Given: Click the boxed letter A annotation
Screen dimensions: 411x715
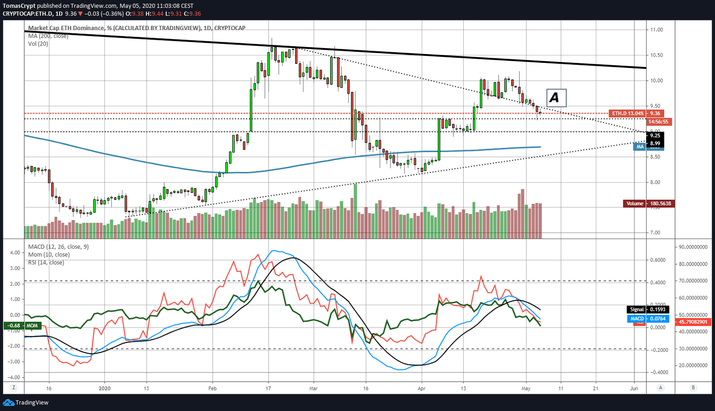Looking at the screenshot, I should [556, 98].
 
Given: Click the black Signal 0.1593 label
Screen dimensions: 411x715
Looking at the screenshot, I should [648, 309].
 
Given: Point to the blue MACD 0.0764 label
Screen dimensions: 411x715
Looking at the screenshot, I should [648, 319].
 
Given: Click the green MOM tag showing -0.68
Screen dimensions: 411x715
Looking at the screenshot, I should [23, 326].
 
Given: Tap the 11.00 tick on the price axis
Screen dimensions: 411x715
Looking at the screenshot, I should [656, 30].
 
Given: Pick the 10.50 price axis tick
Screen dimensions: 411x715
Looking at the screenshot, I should [656, 55].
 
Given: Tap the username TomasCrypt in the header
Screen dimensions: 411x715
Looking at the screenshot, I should [19, 6].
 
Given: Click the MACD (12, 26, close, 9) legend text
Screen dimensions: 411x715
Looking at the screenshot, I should [58, 247].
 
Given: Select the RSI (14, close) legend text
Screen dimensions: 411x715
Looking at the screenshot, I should [46, 263].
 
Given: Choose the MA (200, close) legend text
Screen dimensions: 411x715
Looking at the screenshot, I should [48, 36].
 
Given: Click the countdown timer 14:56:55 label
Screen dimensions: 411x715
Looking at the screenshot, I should [658, 122].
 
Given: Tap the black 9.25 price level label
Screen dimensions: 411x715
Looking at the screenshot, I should [655, 136].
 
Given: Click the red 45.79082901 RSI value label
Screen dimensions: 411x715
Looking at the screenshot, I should [693, 322].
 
